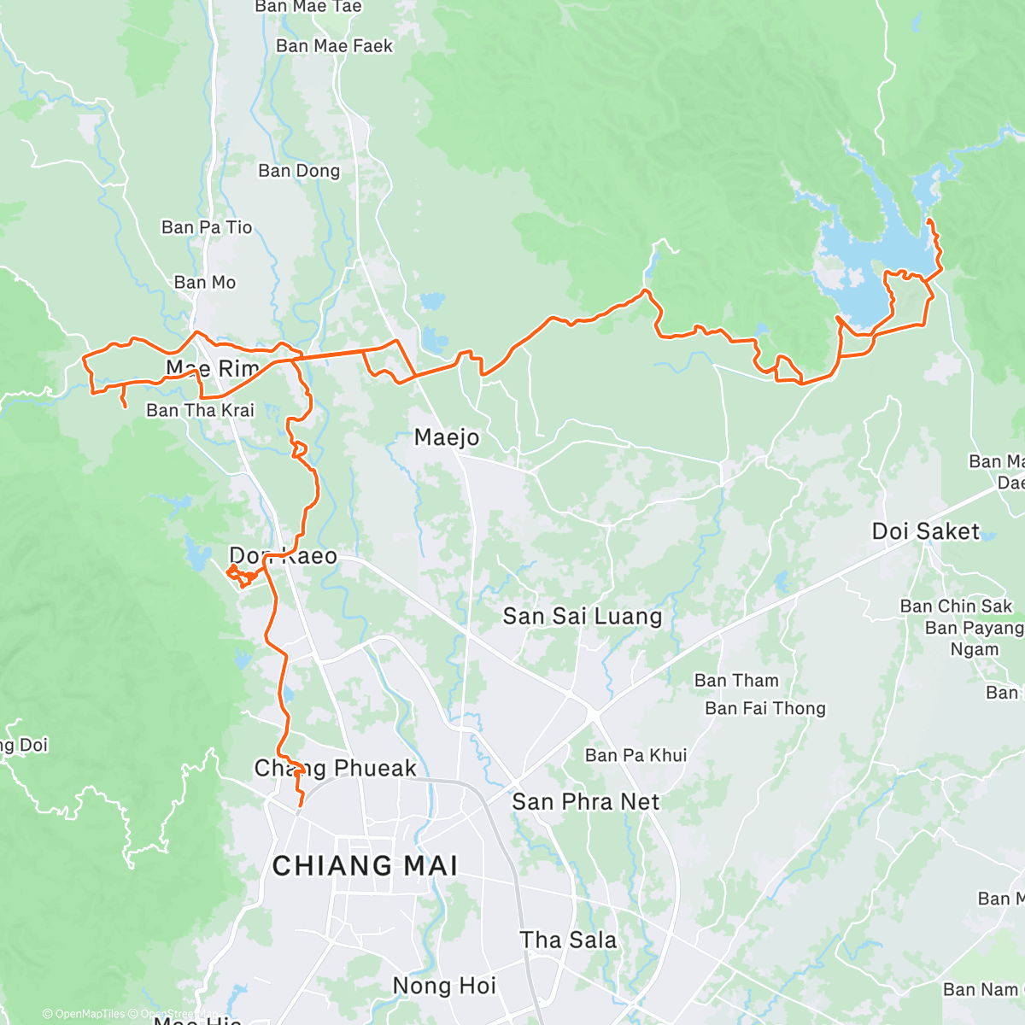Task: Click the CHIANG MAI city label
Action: coord(365,865)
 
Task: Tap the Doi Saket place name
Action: coord(925,531)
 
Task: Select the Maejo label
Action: coord(447,437)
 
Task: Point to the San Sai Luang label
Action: coord(582,616)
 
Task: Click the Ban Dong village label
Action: coord(299,171)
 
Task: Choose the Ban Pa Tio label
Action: coord(207,227)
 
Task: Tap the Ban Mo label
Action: coord(205,282)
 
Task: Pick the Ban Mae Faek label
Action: coord(334,46)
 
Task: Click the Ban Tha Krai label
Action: coord(200,410)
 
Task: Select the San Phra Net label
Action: coord(585,801)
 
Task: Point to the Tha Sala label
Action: coord(568,940)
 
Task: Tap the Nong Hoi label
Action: coord(444,986)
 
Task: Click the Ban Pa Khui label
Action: coord(635,755)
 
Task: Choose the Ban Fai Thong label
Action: coord(765,708)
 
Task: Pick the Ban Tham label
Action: coord(736,681)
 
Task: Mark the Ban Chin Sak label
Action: coord(956,606)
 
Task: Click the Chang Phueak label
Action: coord(336,768)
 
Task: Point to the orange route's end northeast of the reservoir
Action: coord(928,221)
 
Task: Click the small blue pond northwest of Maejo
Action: coord(432,302)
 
